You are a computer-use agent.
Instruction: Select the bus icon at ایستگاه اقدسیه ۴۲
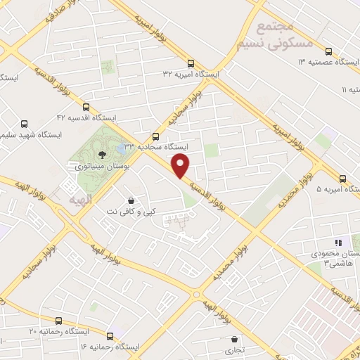point(86,108)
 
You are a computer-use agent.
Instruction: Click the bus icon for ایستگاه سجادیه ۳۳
point(155,136)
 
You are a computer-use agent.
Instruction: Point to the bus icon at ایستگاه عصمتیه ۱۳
point(328,51)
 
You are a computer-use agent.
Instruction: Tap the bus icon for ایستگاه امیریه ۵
point(342,179)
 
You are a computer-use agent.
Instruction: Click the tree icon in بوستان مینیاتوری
point(103,154)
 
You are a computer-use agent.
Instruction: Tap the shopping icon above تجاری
point(233,338)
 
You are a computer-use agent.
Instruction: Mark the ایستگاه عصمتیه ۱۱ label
point(349,90)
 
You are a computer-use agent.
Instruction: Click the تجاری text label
point(233,349)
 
